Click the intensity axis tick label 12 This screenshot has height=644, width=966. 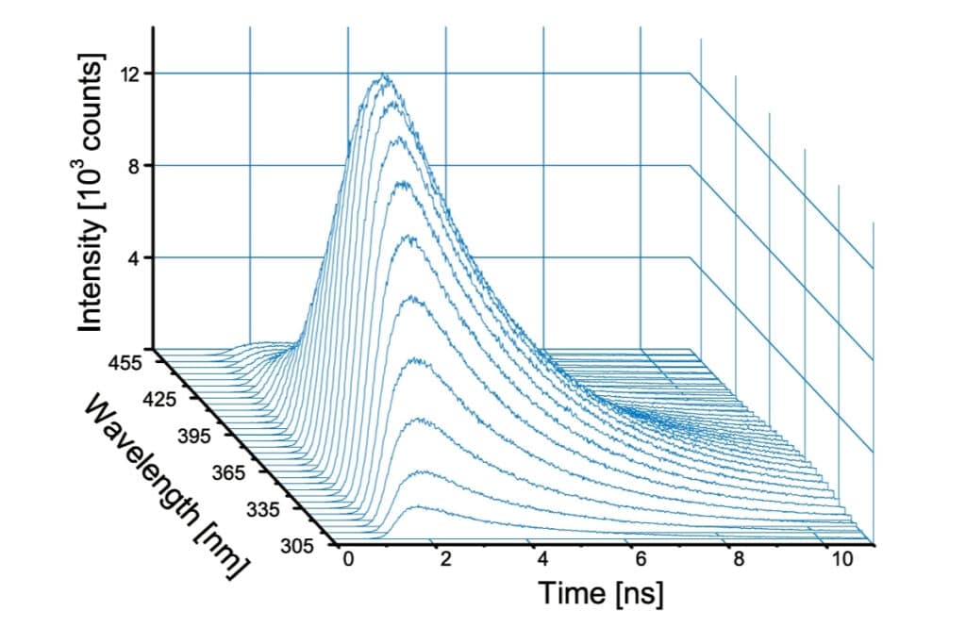[131, 74]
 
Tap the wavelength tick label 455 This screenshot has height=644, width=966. [125, 362]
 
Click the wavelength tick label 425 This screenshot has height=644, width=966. [161, 399]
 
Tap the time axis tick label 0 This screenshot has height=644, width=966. [349, 561]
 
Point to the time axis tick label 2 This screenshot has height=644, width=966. [446, 561]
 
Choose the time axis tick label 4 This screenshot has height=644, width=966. [543, 561]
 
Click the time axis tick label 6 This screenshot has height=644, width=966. [641, 561]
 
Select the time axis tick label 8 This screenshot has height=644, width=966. [739, 561]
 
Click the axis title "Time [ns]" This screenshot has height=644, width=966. [601, 594]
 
